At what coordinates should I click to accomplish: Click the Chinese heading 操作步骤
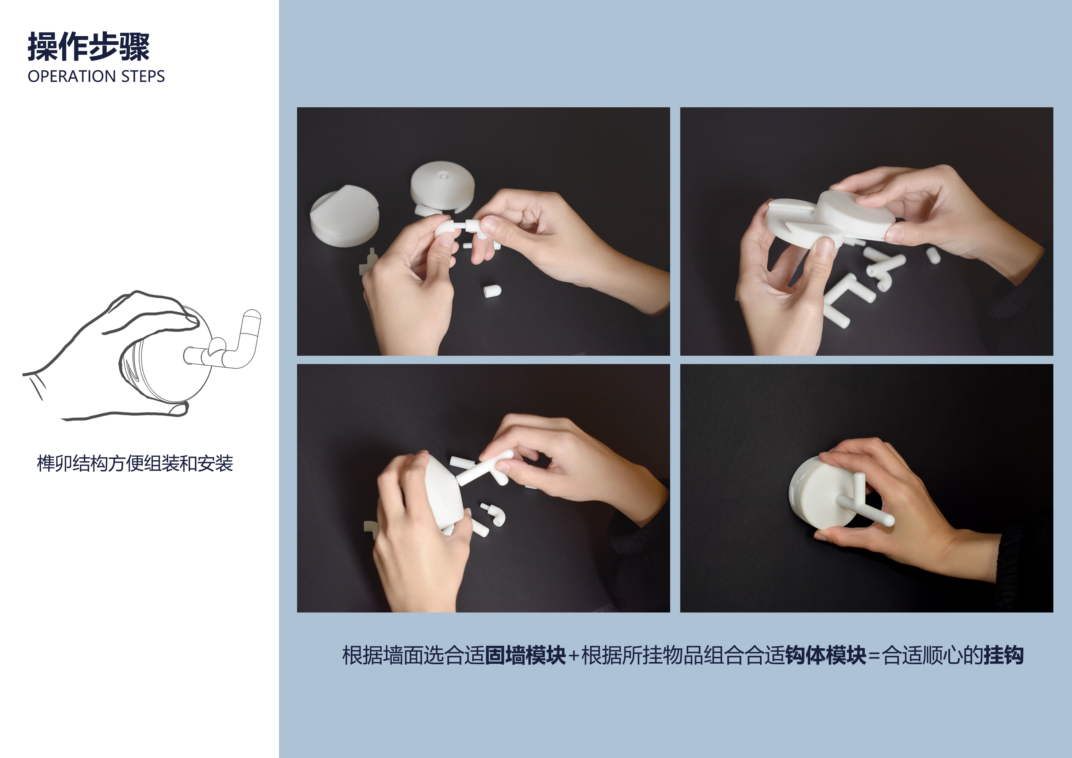(x=89, y=47)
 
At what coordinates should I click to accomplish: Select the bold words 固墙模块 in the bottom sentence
(x=525, y=655)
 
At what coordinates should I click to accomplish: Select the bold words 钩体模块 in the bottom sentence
(x=825, y=655)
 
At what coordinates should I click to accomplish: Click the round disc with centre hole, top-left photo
(x=442, y=185)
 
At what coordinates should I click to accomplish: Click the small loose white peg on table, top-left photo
(x=492, y=291)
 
